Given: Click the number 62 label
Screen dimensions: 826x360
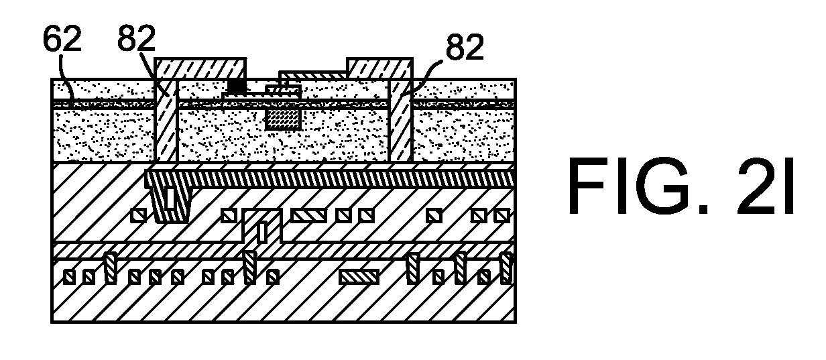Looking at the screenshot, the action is [62, 39].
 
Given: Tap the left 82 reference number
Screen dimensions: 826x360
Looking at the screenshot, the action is [137, 38].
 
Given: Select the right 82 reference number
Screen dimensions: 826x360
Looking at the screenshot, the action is [465, 47].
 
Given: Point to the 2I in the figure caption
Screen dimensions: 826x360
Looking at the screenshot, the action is [765, 186].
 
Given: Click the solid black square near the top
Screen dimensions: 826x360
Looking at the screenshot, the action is [237, 86].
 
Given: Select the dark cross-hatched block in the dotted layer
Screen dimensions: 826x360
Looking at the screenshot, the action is [283, 119].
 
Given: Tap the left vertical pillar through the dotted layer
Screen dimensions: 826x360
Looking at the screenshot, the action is [166, 120].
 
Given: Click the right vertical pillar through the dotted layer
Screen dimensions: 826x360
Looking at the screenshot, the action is [401, 120].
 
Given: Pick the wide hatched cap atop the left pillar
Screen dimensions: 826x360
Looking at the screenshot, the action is [200, 68].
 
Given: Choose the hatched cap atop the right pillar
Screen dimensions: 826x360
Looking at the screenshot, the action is [379, 68].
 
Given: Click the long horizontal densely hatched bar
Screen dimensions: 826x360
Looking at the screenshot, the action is [330, 178].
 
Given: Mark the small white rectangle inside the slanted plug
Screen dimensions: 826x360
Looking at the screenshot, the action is [171, 198].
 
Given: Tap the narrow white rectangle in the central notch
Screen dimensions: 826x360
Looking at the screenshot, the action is [262, 231].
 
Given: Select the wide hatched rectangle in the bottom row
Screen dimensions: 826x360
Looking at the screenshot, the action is [359, 277].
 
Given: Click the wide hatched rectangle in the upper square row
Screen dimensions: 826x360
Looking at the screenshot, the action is [308, 215].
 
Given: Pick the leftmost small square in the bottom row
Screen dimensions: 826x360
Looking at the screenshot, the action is [69, 277].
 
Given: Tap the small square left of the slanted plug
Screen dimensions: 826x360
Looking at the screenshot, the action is [139, 215].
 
